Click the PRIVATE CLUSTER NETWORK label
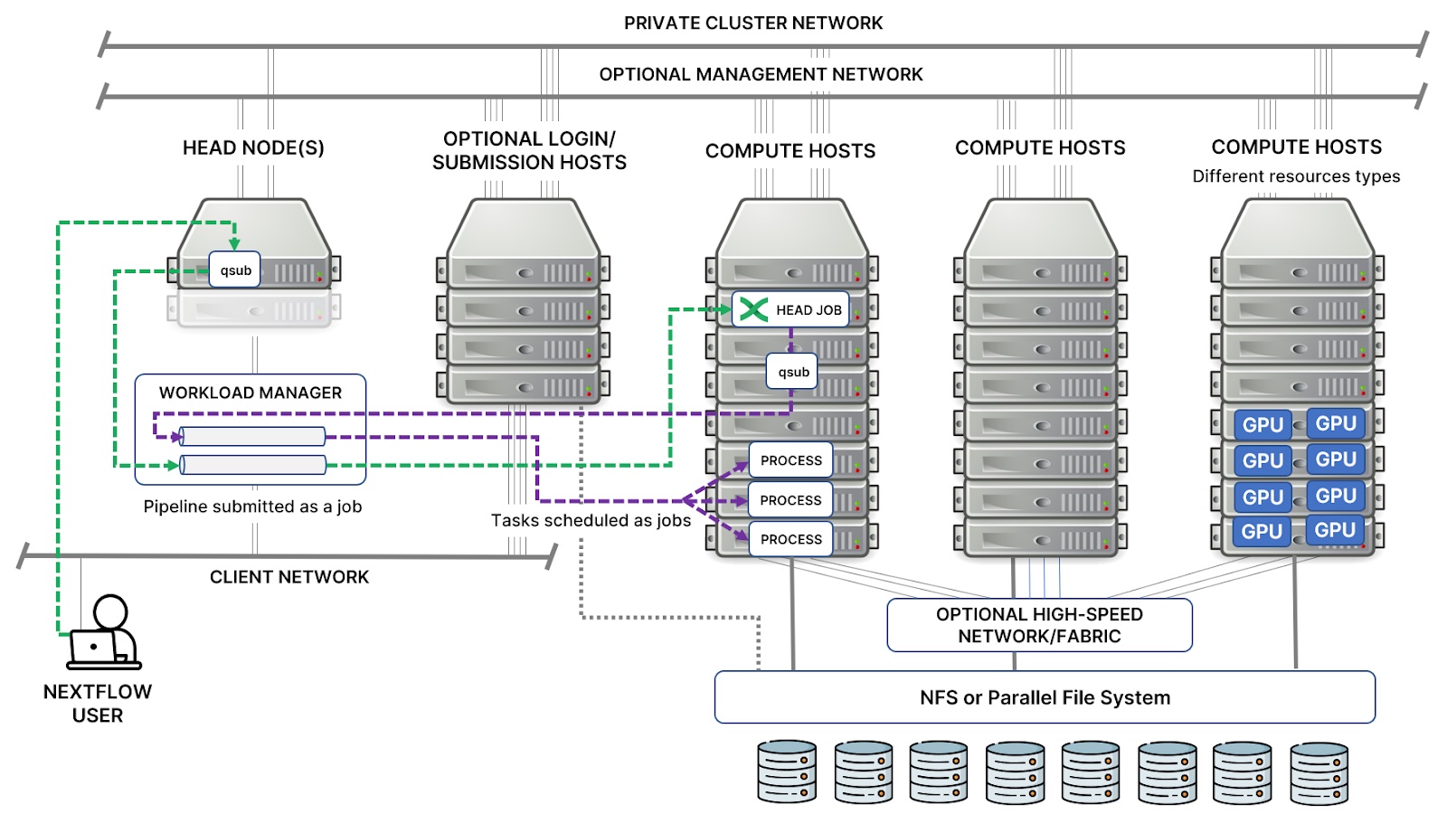[752, 24]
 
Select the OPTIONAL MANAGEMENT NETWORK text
[761, 74]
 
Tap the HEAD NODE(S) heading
[253, 147]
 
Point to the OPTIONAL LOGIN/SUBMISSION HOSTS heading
[529, 150]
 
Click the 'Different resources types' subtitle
[1295, 176]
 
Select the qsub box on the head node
[235, 270]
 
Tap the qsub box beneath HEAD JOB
[793, 372]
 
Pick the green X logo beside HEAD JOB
[753, 309]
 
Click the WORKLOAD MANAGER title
[251, 393]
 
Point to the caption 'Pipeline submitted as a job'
[252, 507]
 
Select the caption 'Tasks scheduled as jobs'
[591, 520]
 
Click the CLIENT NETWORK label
[289, 577]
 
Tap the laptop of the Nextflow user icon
[94, 648]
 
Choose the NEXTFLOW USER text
[98, 704]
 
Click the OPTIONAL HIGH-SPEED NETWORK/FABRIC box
[1039, 625]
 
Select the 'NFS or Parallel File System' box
[1045, 697]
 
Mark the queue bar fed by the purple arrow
[252, 437]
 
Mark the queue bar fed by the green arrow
[252, 465]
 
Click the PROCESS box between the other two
[790, 500]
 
